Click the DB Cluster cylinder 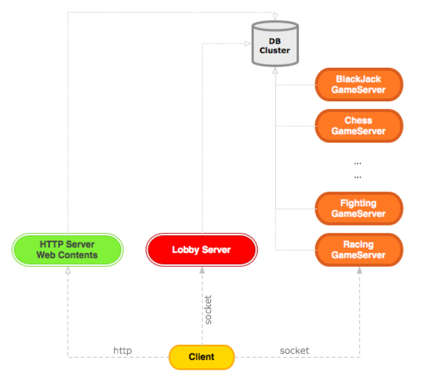pyautogui.click(x=275, y=44)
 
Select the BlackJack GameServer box pyautogui.click(x=359, y=84)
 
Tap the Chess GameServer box pyautogui.click(x=359, y=126)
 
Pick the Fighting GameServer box pyautogui.click(x=359, y=209)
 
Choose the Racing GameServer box pyautogui.click(x=359, y=250)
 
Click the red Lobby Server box pyautogui.click(x=202, y=250)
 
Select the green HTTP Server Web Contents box pyautogui.click(x=67, y=250)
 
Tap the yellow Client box pyautogui.click(x=202, y=357)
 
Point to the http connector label pyautogui.click(x=122, y=350)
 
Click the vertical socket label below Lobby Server pyautogui.click(x=208, y=310)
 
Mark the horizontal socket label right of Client pyautogui.click(x=295, y=350)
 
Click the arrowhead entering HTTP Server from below pyautogui.click(x=68, y=270)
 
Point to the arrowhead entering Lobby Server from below pyautogui.click(x=202, y=270)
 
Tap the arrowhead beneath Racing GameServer pyautogui.click(x=359, y=269)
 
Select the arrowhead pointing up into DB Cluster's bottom pyautogui.click(x=275, y=70)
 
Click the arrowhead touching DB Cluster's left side pyautogui.click(x=248, y=44)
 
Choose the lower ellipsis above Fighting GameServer pyautogui.click(x=358, y=177)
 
